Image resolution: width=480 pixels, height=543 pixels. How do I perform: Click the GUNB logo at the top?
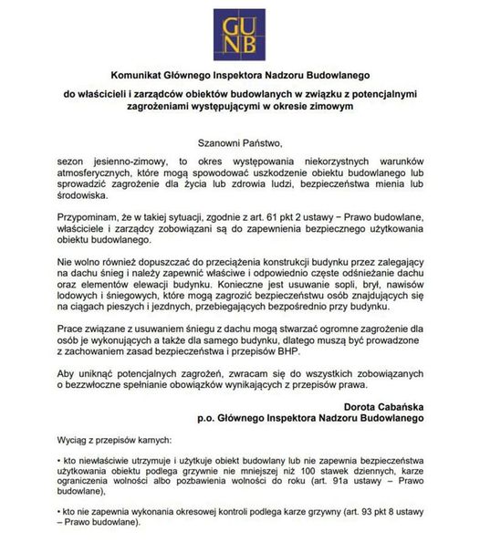[x=240, y=32]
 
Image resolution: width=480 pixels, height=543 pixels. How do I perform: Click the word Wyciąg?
[x=72, y=439]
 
